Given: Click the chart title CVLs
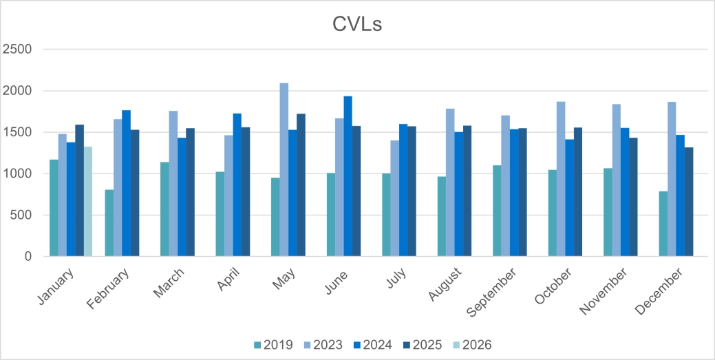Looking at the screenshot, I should click(x=357, y=25).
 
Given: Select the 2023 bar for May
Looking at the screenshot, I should click(x=284, y=169).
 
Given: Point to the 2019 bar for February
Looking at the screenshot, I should click(x=109, y=223).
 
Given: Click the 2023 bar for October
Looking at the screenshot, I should click(x=561, y=179).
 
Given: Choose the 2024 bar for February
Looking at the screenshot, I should click(x=126, y=183).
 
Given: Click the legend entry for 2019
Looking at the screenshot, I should click(x=274, y=345).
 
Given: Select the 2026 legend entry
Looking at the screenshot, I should click(x=471, y=345).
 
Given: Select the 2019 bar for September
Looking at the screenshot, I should click(x=497, y=211).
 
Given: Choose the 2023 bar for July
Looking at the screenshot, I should click(x=394, y=198).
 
